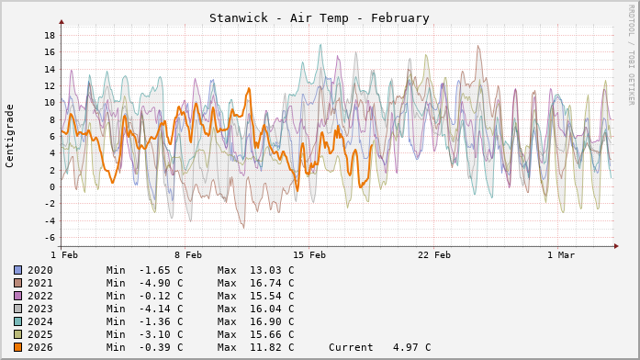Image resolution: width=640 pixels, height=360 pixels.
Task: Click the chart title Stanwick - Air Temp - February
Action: tap(319, 17)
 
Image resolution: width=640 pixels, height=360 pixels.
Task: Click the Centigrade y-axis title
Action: tap(10, 134)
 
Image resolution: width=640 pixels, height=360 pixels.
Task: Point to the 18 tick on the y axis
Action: tap(50, 35)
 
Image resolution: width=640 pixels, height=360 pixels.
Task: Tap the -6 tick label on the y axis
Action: tap(47, 237)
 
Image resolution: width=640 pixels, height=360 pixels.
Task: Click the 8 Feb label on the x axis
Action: tap(187, 254)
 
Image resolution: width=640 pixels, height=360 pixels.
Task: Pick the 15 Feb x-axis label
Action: tap(309, 254)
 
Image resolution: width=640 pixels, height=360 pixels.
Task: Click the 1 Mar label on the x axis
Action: tap(560, 254)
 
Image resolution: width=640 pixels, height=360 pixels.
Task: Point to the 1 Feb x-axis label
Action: tap(63, 254)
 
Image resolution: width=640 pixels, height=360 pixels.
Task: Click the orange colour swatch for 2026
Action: tap(17, 347)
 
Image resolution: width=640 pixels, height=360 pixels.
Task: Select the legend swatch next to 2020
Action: tap(17, 270)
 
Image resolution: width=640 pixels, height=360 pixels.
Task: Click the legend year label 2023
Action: tap(39, 309)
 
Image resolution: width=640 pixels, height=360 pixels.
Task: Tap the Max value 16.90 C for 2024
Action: tap(255, 321)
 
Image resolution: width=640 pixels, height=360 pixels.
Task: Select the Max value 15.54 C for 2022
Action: tap(255, 296)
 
